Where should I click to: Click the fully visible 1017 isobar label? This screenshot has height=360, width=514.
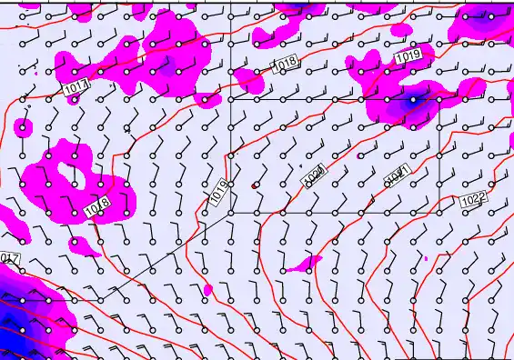[x=77, y=86]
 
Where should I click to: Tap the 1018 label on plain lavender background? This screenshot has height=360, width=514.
[x=285, y=64]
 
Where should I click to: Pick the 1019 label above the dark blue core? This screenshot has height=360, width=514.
[x=408, y=57]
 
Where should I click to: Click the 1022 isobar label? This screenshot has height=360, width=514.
[x=473, y=199]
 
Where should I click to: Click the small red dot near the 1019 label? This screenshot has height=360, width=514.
[x=255, y=185]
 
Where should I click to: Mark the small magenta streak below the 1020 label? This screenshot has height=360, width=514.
[x=304, y=265]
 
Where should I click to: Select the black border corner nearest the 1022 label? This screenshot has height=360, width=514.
[x=439, y=212]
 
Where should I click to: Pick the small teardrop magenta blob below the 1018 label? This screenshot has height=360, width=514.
[x=207, y=290]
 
